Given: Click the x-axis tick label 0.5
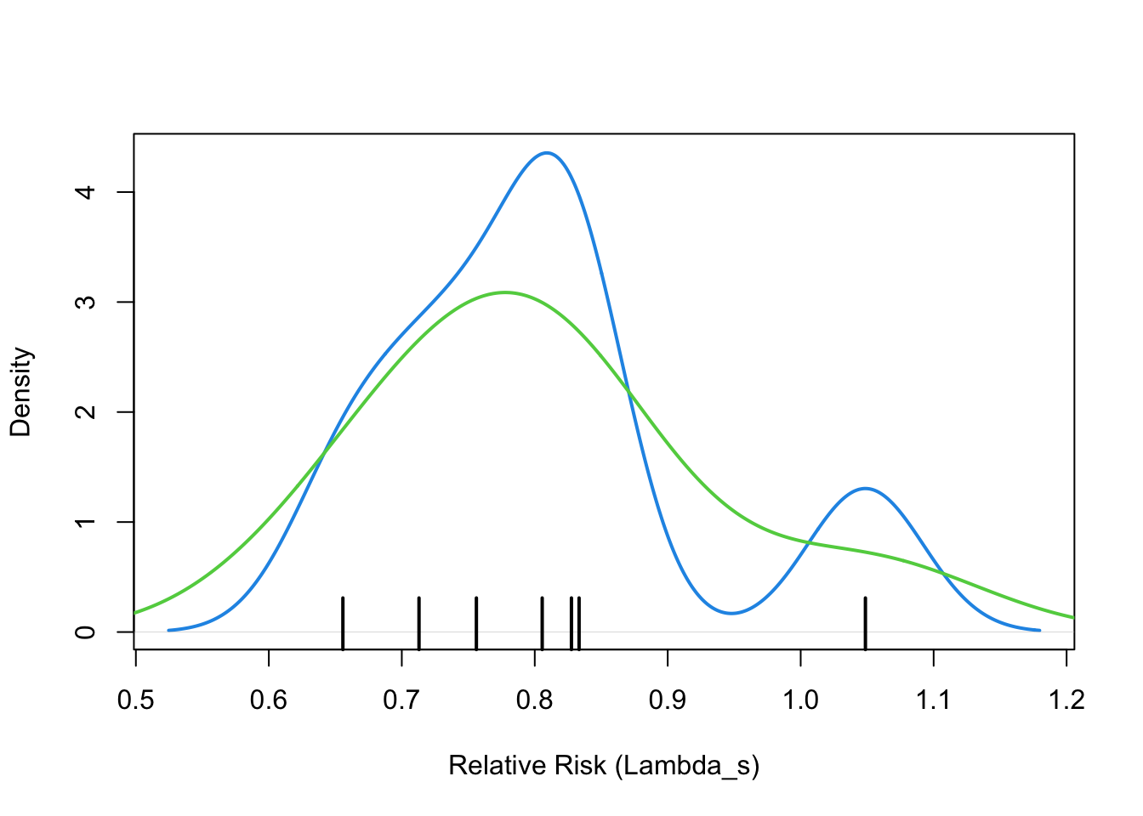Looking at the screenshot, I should click(x=135, y=700).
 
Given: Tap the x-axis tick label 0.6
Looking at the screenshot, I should click(x=269, y=700).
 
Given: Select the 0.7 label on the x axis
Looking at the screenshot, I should click(x=401, y=700).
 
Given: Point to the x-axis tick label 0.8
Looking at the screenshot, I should click(x=534, y=700).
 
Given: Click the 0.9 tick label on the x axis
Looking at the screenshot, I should click(x=668, y=700).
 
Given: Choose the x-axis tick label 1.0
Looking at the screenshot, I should click(x=800, y=700).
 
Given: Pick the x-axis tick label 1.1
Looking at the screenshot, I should click(x=934, y=700).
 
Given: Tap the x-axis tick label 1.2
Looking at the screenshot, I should click(x=1066, y=700).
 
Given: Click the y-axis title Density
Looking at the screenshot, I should click(x=20, y=392).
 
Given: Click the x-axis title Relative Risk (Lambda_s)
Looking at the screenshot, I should click(x=604, y=766).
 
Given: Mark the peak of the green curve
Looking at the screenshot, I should click(x=505, y=292).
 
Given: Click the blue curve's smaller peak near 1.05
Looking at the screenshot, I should click(x=865, y=488).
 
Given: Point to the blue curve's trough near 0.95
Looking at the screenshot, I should click(x=731, y=613).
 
